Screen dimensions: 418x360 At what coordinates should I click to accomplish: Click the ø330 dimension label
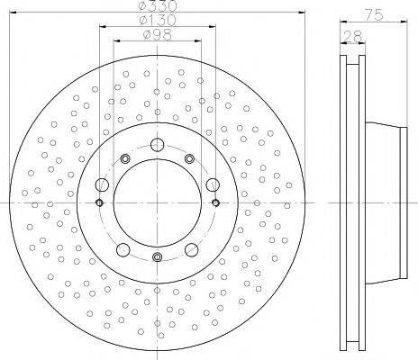click(158, 5)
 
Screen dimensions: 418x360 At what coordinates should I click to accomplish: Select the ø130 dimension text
click(158, 21)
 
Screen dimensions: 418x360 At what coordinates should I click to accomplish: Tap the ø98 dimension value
click(158, 35)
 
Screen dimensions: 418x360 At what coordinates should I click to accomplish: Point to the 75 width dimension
click(374, 14)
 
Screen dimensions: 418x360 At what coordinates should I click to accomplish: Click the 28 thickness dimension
click(353, 37)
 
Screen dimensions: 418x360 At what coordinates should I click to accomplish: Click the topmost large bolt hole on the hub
click(157, 145)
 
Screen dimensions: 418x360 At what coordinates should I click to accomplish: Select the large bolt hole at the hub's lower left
click(123, 250)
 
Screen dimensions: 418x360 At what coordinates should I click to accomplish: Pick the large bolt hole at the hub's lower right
click(191, 250)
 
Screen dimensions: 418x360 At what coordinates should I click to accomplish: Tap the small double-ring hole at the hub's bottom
click(157, 256)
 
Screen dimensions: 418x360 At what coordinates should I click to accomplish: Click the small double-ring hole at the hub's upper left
click(125, 158)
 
